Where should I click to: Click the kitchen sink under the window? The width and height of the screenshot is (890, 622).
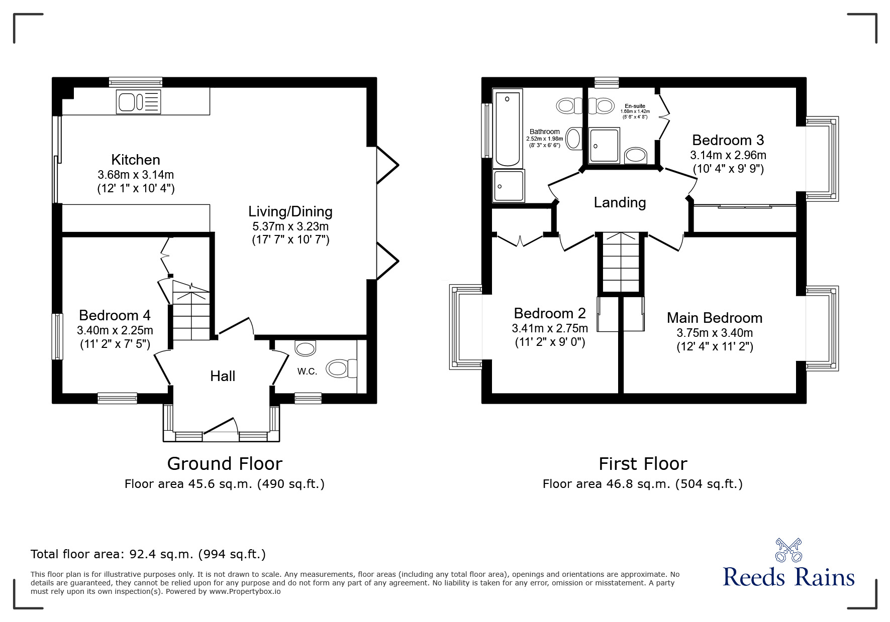(x=138, y=101)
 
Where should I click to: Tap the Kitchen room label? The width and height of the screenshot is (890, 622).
(x=136, y=160)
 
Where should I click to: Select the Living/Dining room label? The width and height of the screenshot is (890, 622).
(x=290, y=211)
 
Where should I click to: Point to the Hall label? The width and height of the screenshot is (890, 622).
(x=223, y=376)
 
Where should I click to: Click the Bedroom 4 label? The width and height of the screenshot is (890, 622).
(x=115, y=315)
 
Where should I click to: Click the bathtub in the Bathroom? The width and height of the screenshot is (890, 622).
(x=507, y=128)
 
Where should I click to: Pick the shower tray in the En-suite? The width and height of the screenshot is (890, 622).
(x=605, y=145)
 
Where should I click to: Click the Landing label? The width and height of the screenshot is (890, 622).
(x=620, y=202)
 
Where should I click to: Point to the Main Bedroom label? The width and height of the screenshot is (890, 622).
(x=714, y=318)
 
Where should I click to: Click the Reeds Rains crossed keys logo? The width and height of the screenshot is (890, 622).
(x=788, y=550)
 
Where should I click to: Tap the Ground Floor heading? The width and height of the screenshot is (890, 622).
(x=225, y=463)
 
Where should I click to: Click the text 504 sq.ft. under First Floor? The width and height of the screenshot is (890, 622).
(x=709, y=484)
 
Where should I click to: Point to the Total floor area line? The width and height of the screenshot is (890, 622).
(x=148, y=554)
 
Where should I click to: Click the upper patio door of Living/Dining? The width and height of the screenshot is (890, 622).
(x=387, y=164)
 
